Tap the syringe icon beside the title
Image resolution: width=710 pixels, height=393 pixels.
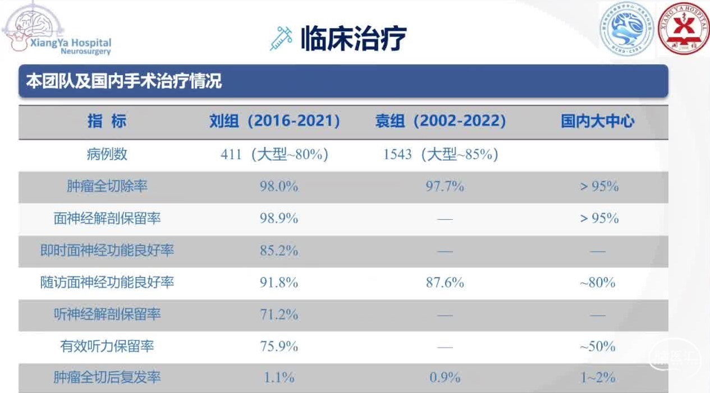click(x=281, y=39)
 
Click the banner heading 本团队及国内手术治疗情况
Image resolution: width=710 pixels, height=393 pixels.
click(x=124, y=81)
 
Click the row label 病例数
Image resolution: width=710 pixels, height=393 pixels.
click(x=107, y=154)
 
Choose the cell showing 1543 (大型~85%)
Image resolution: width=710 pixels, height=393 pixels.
click(x=441, y=155)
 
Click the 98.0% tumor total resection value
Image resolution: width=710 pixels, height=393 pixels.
click(x=278, y=187)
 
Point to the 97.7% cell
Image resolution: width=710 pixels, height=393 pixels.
click(x=445, y=187)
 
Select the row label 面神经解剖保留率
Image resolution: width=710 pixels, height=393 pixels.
click(x=107, y=218)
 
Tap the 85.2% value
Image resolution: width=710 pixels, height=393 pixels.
click(x=278, y=251)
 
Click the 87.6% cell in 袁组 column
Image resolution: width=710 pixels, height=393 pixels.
click(x=445, y=283)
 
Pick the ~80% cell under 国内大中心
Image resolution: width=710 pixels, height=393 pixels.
click(x=598, y=283)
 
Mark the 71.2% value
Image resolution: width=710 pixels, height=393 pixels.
click(x=278, y=315)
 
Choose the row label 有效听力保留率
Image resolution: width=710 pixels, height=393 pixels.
click(x=107, y=346)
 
